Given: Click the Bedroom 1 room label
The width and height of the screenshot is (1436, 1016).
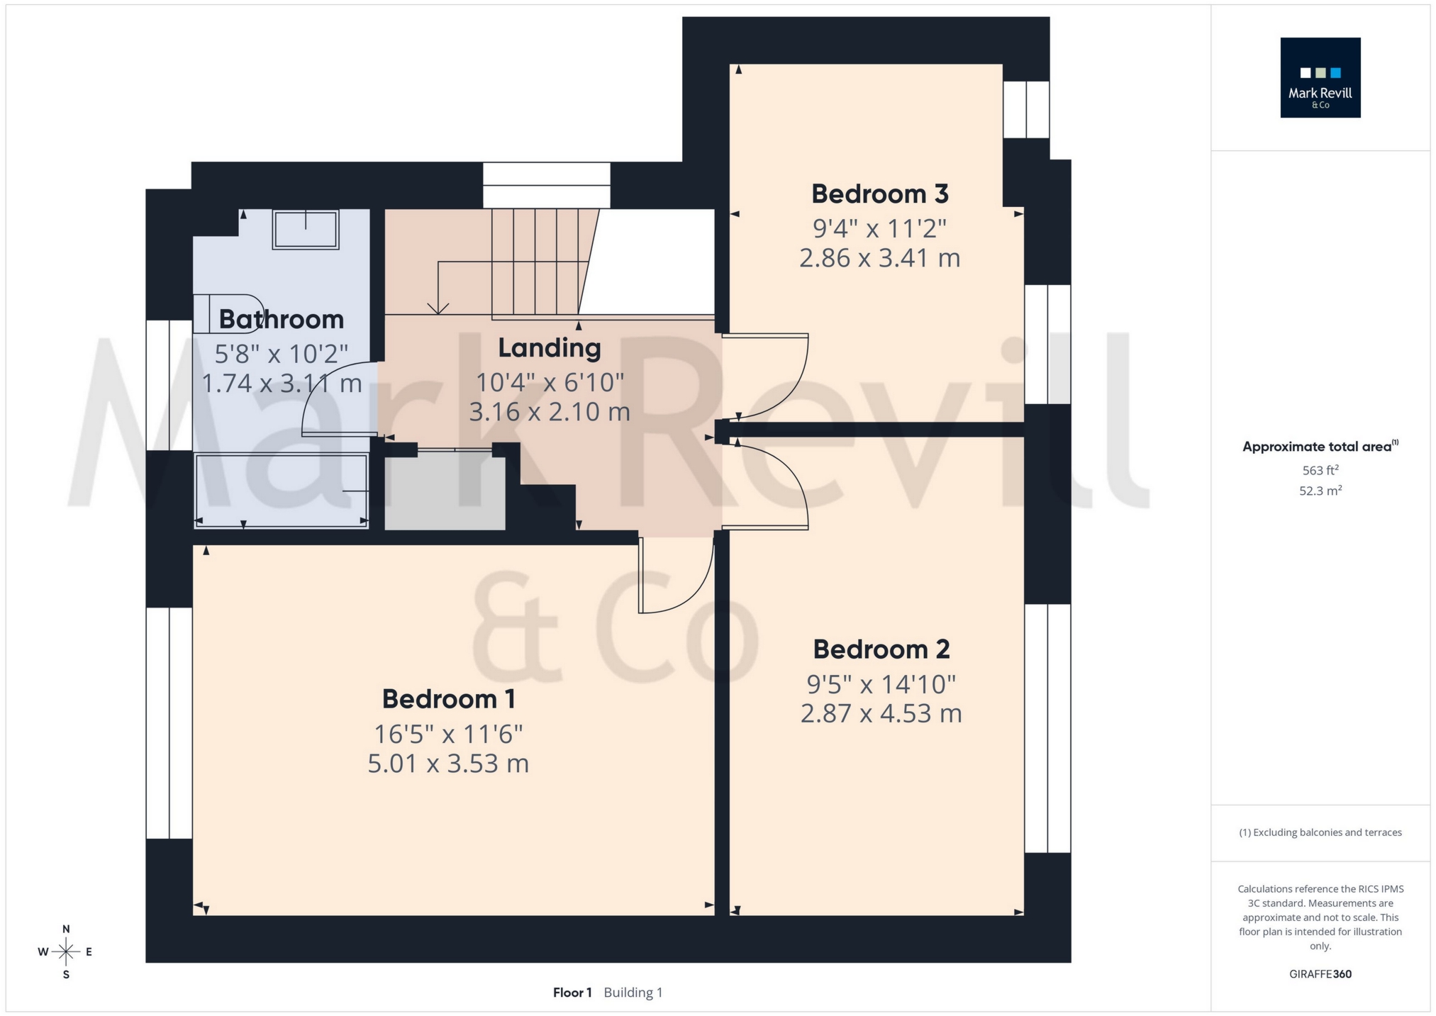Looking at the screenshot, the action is coord(448,699).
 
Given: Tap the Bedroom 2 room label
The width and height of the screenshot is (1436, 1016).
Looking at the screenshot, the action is coord(881,649).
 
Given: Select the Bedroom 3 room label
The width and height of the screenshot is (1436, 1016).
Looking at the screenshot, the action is coord(879,194).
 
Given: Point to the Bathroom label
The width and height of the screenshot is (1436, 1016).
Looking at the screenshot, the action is coord(281,319).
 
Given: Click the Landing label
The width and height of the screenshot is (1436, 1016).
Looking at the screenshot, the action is coord(549,348).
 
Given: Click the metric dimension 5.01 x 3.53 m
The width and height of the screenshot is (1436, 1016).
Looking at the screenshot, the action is coord(448,764).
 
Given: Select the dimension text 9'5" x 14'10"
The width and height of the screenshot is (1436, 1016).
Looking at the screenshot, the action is coord(881,684).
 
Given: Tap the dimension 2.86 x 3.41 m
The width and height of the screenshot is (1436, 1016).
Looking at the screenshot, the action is coord(879,257).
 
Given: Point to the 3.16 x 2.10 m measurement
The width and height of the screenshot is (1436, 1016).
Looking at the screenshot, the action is coord(549,411).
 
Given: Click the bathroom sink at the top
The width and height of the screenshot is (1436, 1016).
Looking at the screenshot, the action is coord(306,229).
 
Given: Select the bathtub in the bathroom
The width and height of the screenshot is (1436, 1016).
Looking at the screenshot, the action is coord(281,491).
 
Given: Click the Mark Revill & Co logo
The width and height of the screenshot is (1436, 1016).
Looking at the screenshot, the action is coord(1320,77).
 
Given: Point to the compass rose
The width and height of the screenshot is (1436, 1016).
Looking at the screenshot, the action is coord(66,951).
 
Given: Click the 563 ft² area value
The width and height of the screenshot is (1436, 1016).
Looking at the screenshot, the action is coord(1320,470).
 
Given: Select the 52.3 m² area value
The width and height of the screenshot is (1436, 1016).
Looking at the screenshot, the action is coord(1320,491).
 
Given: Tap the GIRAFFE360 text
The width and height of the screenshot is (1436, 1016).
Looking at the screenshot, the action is coord(1320,974).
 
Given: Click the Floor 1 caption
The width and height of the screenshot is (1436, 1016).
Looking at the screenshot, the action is coord(572,993).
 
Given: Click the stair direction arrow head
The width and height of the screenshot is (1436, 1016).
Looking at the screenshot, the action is coord(438,308).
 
